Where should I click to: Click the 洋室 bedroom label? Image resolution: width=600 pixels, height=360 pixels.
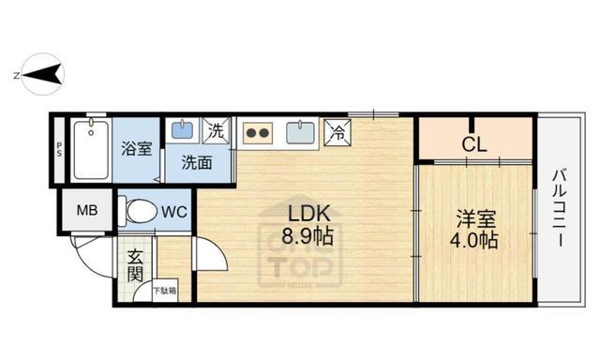point(476,218)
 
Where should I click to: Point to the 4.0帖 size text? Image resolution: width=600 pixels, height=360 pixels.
point(475,241)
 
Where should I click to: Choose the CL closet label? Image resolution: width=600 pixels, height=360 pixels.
point(474,144)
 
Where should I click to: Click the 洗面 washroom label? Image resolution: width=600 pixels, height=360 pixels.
point(197,162)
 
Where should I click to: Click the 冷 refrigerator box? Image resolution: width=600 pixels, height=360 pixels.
point(337,132)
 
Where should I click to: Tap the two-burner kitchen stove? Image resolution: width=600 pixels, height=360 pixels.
point(258,132)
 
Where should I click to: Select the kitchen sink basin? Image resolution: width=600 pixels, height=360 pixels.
point(301,131)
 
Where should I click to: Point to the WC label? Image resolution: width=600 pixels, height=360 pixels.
point(174,212)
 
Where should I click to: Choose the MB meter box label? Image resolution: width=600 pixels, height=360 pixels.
point(86,210)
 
